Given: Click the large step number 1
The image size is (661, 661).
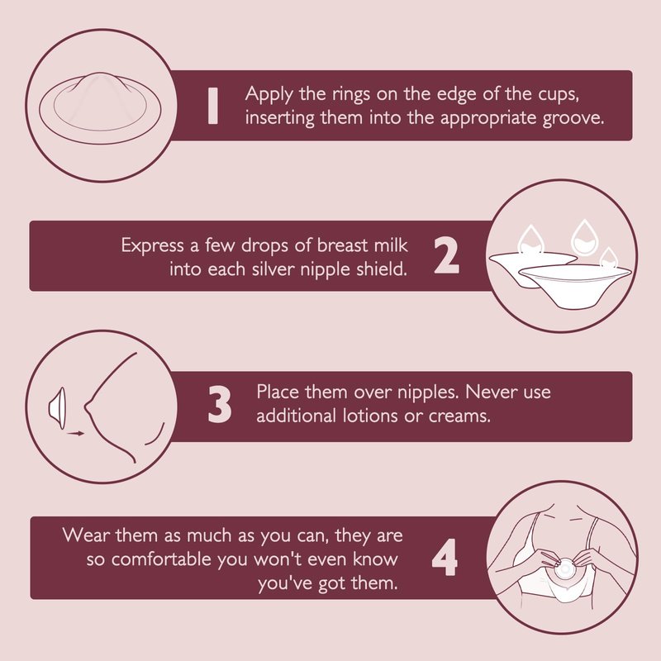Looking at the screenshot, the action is pyautogui.click(x=213, y=106).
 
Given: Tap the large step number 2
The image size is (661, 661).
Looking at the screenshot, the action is pyautogui.click(x=446, y=256).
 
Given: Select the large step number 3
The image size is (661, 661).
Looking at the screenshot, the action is pyautogui.click(x=220, y=404).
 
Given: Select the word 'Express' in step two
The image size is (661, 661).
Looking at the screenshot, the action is pyautogui.click(x=153, y=245).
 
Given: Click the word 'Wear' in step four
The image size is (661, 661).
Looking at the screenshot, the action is pyautogui.click(x=87, y=535).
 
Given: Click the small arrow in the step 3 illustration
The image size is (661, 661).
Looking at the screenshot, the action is pyautogui.click(x=76, y=433).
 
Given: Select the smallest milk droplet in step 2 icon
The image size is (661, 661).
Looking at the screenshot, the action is pyautogui.click(x=608, y=259).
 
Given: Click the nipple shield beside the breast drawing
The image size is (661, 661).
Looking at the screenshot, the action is pyautogui.click(x=57, y=408).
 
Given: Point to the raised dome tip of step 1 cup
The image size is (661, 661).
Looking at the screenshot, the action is pyautogui.click(x=99, y=75).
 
